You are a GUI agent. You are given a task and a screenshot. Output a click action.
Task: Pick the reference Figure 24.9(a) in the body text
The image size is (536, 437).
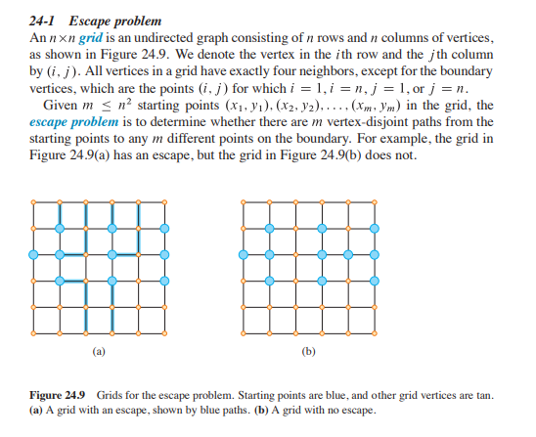(67, 154)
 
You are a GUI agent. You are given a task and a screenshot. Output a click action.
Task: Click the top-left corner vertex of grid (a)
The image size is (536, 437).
(34, 201)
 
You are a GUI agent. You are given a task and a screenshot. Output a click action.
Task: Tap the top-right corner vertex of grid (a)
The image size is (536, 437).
(163, 201)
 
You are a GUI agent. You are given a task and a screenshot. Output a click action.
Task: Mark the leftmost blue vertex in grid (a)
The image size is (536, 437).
(34, 254)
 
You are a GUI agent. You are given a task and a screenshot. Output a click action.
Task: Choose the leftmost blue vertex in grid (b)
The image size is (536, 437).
(244, 254)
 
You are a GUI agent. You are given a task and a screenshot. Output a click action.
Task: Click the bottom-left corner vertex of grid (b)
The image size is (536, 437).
(244, 330)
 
